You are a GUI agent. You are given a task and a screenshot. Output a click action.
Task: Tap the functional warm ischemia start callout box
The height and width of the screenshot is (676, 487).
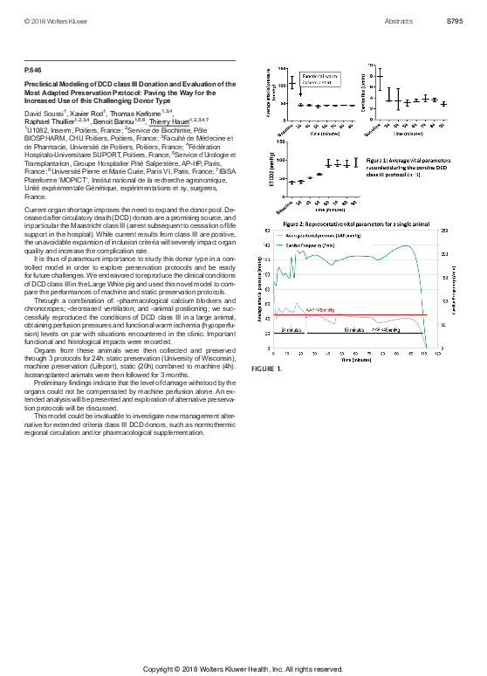point(318,79)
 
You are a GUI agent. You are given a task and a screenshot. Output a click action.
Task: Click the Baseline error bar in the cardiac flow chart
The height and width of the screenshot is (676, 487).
point(380,79)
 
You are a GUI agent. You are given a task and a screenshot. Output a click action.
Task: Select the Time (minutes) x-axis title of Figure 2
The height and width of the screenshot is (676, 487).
point(353,358)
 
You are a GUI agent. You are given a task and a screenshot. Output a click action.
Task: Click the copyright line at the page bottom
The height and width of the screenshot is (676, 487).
point(243,669)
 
